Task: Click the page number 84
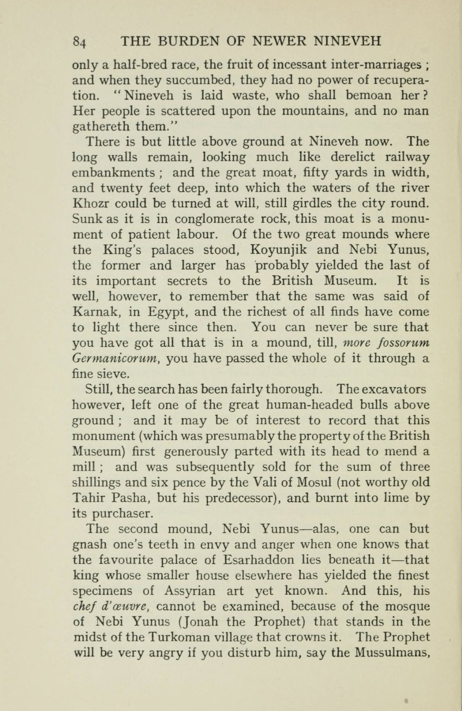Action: coord(79,42)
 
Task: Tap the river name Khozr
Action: coord(90,204)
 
